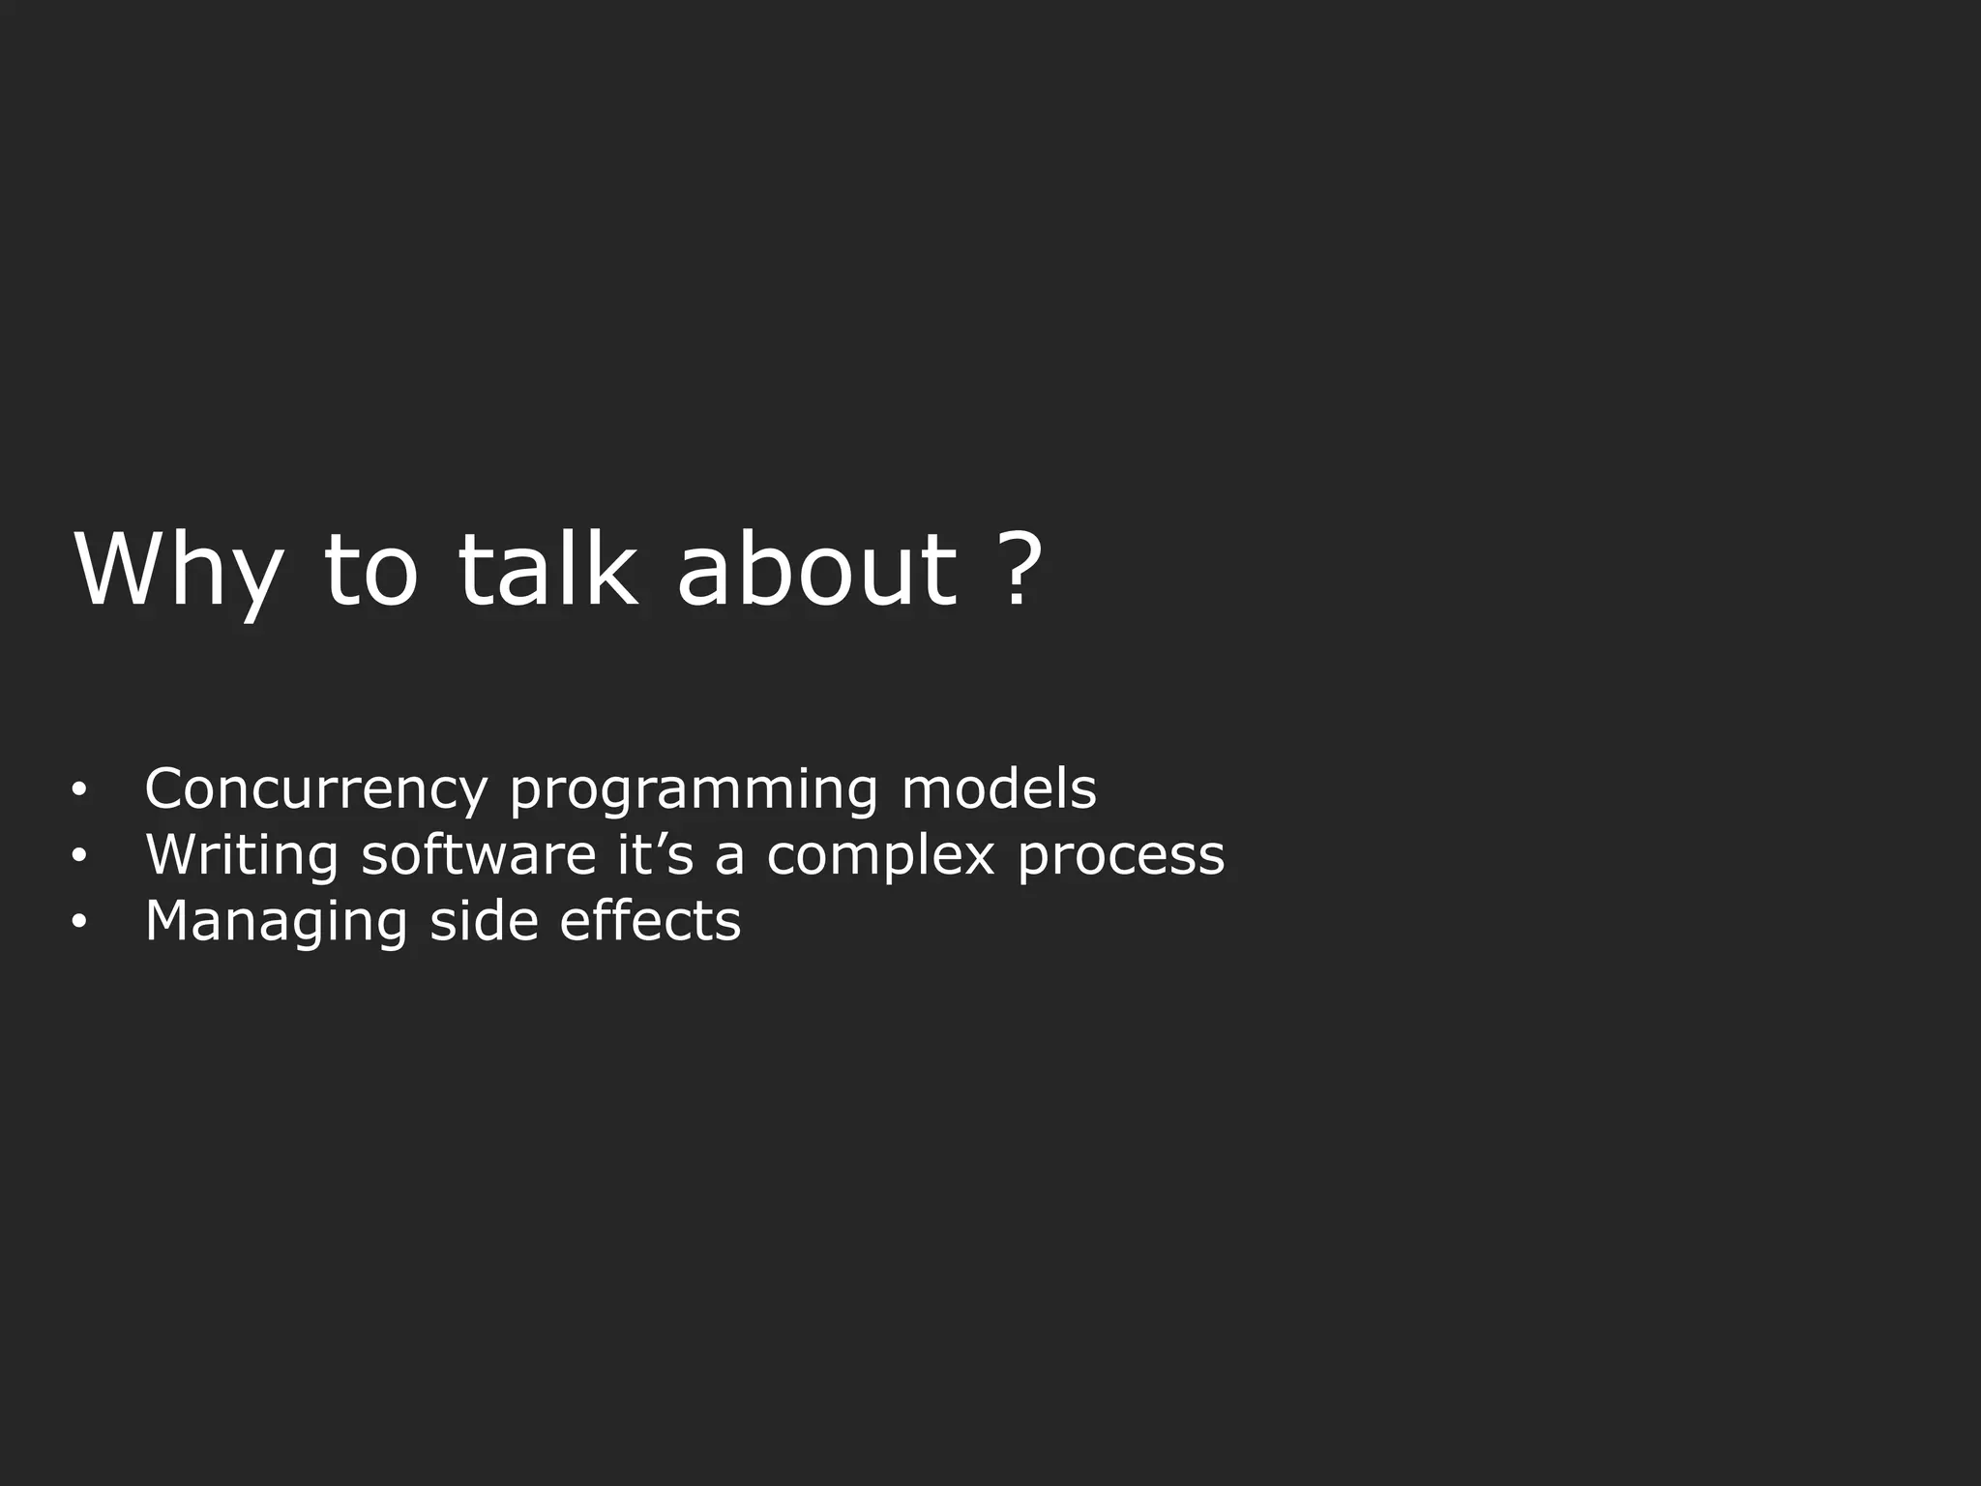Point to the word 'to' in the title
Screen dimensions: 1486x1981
(370, 573)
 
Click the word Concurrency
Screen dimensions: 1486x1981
(316, 789)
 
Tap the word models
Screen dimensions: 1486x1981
(999, 789)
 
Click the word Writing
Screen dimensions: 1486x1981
(242, 856)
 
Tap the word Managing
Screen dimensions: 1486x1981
(276, 922)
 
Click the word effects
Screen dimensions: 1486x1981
(650, 920)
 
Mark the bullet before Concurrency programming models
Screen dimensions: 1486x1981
(79, 791)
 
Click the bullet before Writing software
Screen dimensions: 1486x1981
(79, 857)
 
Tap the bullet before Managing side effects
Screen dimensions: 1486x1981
(79, 923)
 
